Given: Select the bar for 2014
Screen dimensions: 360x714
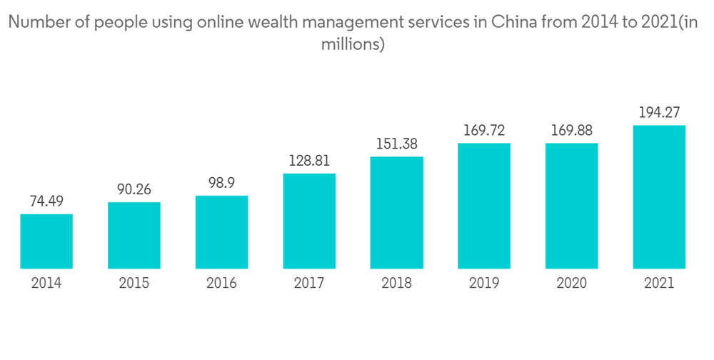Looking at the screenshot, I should pyautogui.click(x=46, y=241).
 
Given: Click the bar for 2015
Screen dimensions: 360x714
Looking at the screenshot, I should pyautogui.click(x=134, y=236).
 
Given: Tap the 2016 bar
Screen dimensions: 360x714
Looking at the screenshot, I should pyautogui.click(x=221, y=232).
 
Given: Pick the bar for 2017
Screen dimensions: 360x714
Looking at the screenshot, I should pyautogui.click(x=309, y=221).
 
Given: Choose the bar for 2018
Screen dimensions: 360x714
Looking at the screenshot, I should pyautogui.click(x=397, y=213).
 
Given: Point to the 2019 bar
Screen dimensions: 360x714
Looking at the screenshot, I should pyautogui.click(x=484, y=206).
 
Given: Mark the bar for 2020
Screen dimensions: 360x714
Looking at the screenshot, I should pyautogui.click(x=572, y=206).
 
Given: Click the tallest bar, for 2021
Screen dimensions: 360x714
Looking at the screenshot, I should pyautogui.click(x=659, y=197).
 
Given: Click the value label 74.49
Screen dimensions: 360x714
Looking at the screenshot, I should pyautogui.click(x=46, y=201).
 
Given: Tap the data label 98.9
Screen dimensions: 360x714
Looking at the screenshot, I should pyautogui.click(x=221, y=184).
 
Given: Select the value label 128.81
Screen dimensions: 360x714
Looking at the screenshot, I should pyautogui.click(x=309, y=161).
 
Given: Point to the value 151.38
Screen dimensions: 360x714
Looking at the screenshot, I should pyautogui.click(x=397, y=144).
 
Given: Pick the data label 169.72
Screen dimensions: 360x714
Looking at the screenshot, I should pyautogui.click(x=484, y=131).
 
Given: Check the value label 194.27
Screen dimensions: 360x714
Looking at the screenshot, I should pyautogui.click(x=659, y=112).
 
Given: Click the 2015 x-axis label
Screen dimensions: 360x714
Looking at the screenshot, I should pyautogui.click(x=134, y=284).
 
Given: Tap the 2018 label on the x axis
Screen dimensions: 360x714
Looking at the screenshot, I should pyautogui.click(x=397, y=284).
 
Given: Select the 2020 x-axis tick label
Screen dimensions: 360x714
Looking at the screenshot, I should pyautogui.click(x=572, y=284).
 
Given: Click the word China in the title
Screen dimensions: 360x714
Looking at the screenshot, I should pyautogui.click(x=510, y=23).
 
